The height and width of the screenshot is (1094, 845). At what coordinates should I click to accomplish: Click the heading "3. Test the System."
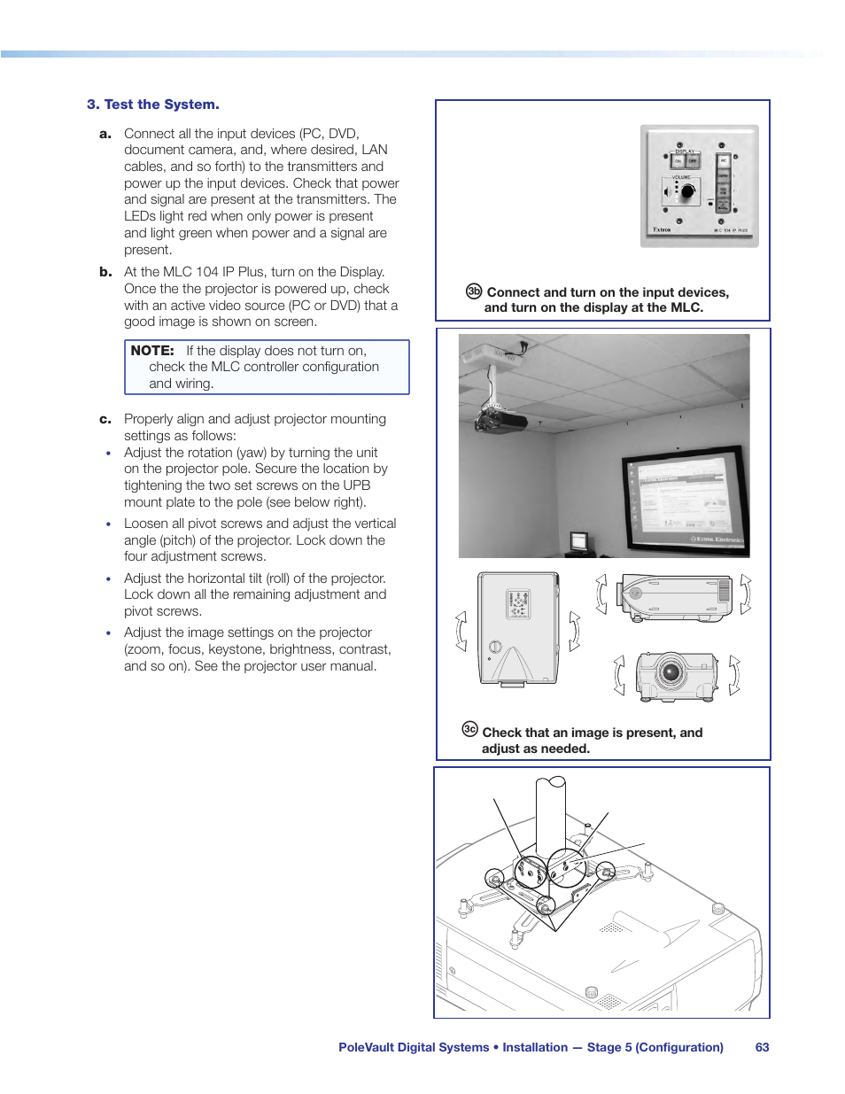(153, 105)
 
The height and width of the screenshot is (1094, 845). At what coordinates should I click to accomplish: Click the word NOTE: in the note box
(152, 351)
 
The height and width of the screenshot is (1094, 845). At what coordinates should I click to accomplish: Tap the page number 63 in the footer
(762, 1047)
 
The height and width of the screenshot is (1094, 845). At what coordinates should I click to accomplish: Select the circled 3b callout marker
(474, 291)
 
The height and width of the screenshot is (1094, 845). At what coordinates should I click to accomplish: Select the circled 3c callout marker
(469, 729)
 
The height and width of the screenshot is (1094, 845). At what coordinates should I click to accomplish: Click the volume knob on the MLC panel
(686, 191)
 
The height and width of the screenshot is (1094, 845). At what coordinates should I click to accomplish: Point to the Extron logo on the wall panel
(662, 230)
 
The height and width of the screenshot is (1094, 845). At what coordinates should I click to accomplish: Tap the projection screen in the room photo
(684, 500)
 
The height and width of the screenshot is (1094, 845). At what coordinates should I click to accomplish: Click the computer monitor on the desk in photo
(579, 541)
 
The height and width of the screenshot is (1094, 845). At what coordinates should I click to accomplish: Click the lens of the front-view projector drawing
(671, 672)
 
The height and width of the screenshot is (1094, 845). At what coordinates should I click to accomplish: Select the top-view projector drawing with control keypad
(518, 629)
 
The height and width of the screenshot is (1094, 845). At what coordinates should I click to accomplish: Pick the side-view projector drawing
(676, 596)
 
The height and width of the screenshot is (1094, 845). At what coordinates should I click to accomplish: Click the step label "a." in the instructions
(105, 134)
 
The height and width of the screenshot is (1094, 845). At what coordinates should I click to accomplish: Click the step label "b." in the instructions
(105, 272)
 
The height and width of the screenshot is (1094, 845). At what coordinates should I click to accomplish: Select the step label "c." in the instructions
(105, 419)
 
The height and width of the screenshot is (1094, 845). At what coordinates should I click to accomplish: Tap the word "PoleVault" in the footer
(366, 1047)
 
